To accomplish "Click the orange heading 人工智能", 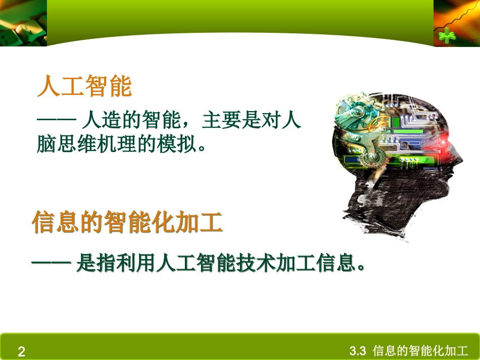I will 84,86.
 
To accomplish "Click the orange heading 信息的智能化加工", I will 127,222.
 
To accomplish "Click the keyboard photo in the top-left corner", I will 23,23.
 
